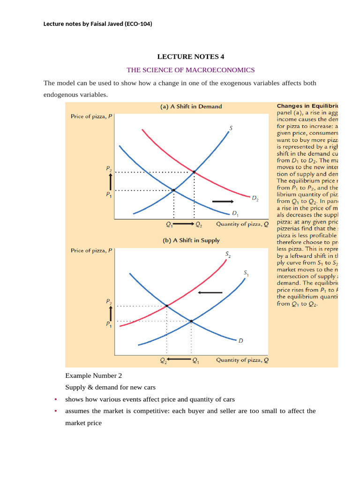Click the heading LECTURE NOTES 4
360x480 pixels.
pyautogui.click(x=191, y=57)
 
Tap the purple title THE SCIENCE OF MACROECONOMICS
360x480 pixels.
pyautogui.click(x=191, y=70)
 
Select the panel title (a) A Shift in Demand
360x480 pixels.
pyautogui.click(x=191, y=106)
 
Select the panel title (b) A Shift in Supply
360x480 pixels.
pyautogui.click(x=191, y=240)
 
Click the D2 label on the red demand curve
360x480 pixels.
pyautogui.click(x=255, y=199)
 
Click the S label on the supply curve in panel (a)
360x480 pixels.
pyautogui.click(x=232, y=127)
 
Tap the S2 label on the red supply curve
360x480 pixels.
pyautogui.click(x=228, y=255)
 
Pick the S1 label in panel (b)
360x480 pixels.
pyautogui.click(x=246, y=273)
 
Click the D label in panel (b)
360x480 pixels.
pyautogui.click(x=240, y=341)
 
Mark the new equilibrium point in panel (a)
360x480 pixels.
pyautogui.click(x=194, y=172)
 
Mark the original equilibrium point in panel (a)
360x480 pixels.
pyautogui.click(x=174, y=190)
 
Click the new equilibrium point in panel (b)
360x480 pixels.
pyautogui.click(x=166, y=306)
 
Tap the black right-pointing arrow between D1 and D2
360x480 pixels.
pyautogui.click(x=223, y=201)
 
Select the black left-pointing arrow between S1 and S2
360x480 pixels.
pyautogui.click(x=208, y=293)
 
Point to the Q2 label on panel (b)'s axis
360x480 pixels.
pyautogui.click(x=163, y=360)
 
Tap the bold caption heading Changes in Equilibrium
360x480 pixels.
pyautogui.click(x=307, y=106)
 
